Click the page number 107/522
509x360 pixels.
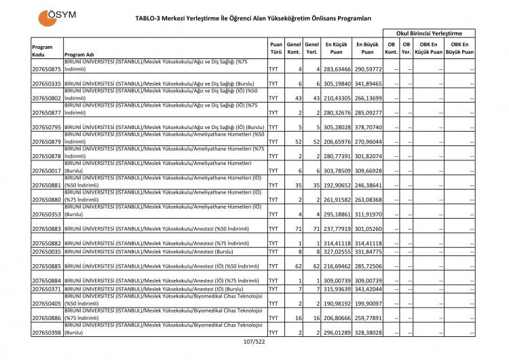pos(253,350)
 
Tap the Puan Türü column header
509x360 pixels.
pos(276,47)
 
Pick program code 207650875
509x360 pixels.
pos(47,69)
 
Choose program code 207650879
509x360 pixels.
pos(47,141)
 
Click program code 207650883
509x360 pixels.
pos(47,229)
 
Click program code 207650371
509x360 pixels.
pos(47,289)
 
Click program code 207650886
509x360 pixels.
pos(47,318)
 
